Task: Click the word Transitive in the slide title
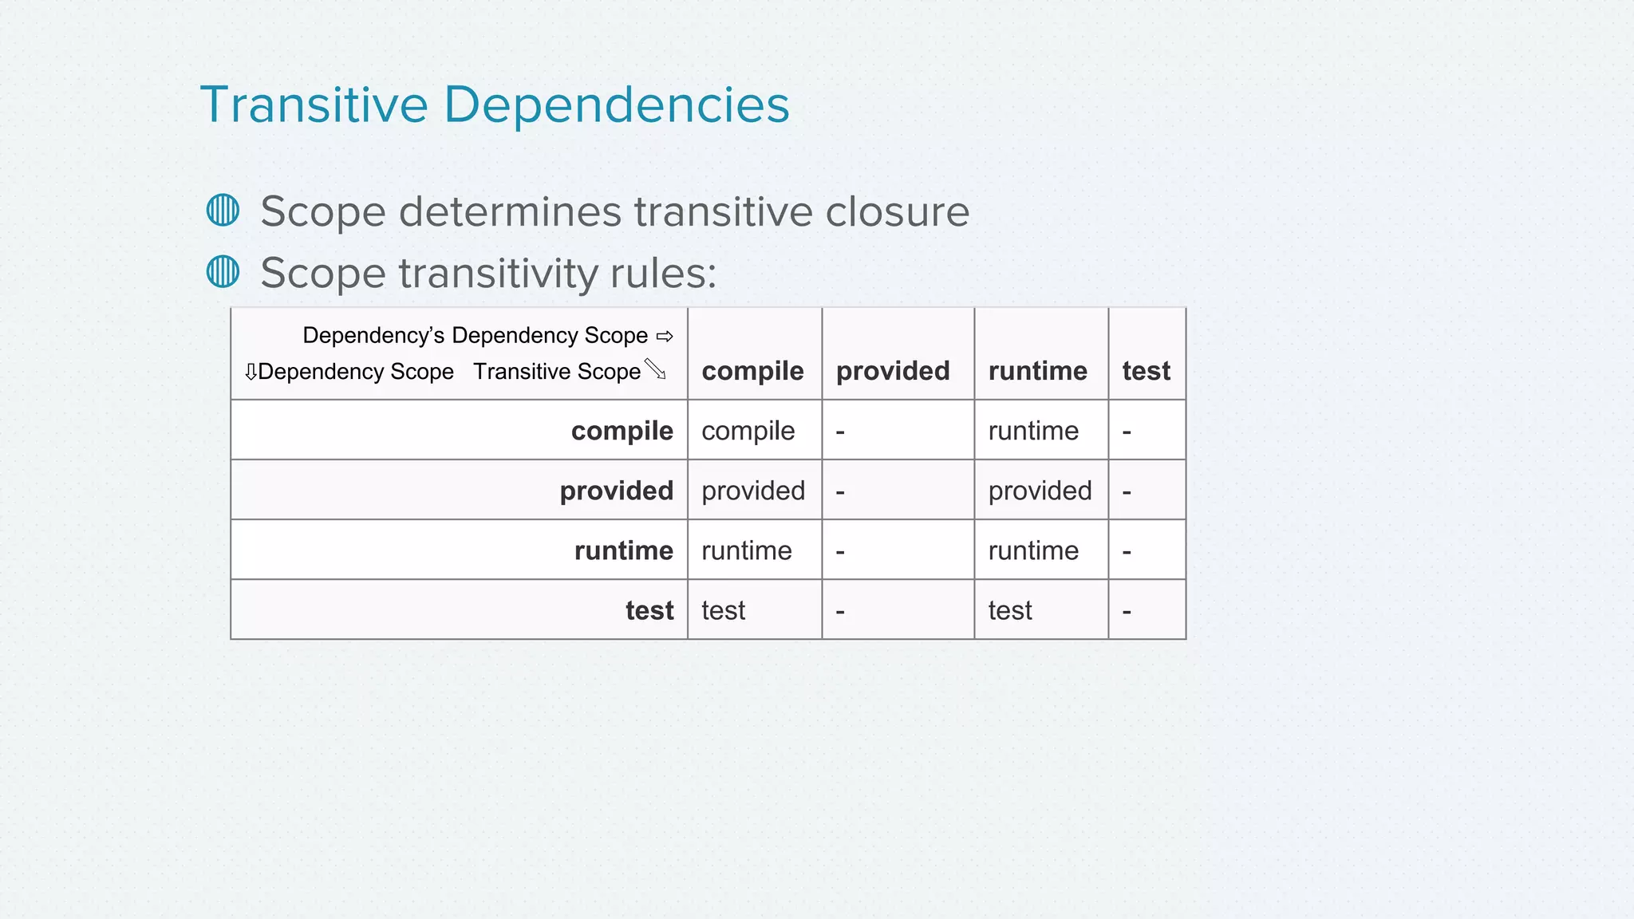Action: coord(314,105)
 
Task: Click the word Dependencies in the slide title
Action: coord(616,105)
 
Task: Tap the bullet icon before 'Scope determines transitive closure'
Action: coord(223,211)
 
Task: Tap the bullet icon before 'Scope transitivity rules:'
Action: coord(223,271)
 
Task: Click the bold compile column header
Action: coord(752,371)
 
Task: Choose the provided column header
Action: coord(893,371)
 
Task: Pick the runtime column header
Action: coord(1037,371)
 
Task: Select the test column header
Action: coord(1146,371)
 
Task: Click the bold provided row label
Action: coord(616,491)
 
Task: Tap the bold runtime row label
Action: coord(623,550)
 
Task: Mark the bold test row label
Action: coord(649,610)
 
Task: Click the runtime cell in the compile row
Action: coord(1033,431)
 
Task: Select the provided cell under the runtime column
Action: coord(1040,491)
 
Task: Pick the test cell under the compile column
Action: coord(723,610)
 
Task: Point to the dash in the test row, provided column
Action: coord(840,612)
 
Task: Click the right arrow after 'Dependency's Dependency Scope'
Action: coord(665,337)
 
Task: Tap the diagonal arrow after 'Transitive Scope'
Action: coord(655,369)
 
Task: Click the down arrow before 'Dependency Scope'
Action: coord(251,372)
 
